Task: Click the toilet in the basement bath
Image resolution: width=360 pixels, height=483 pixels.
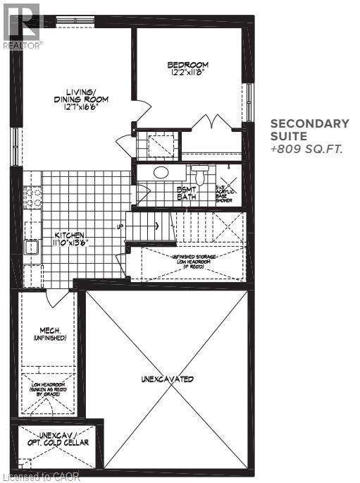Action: click(x=199, y=174)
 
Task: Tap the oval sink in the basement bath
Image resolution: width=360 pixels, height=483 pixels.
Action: click(x=161, y=171)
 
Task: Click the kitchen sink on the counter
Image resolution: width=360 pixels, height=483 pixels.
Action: click(x=31, y=247)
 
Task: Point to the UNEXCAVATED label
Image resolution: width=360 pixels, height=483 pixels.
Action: click(x=166, y=379)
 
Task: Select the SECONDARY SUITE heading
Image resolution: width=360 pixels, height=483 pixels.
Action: click(x=310, y=130)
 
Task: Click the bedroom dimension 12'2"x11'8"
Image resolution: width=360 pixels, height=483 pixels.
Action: click(x=185, y=72)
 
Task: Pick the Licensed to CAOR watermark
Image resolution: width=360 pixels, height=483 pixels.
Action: click(x=41, y=477)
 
